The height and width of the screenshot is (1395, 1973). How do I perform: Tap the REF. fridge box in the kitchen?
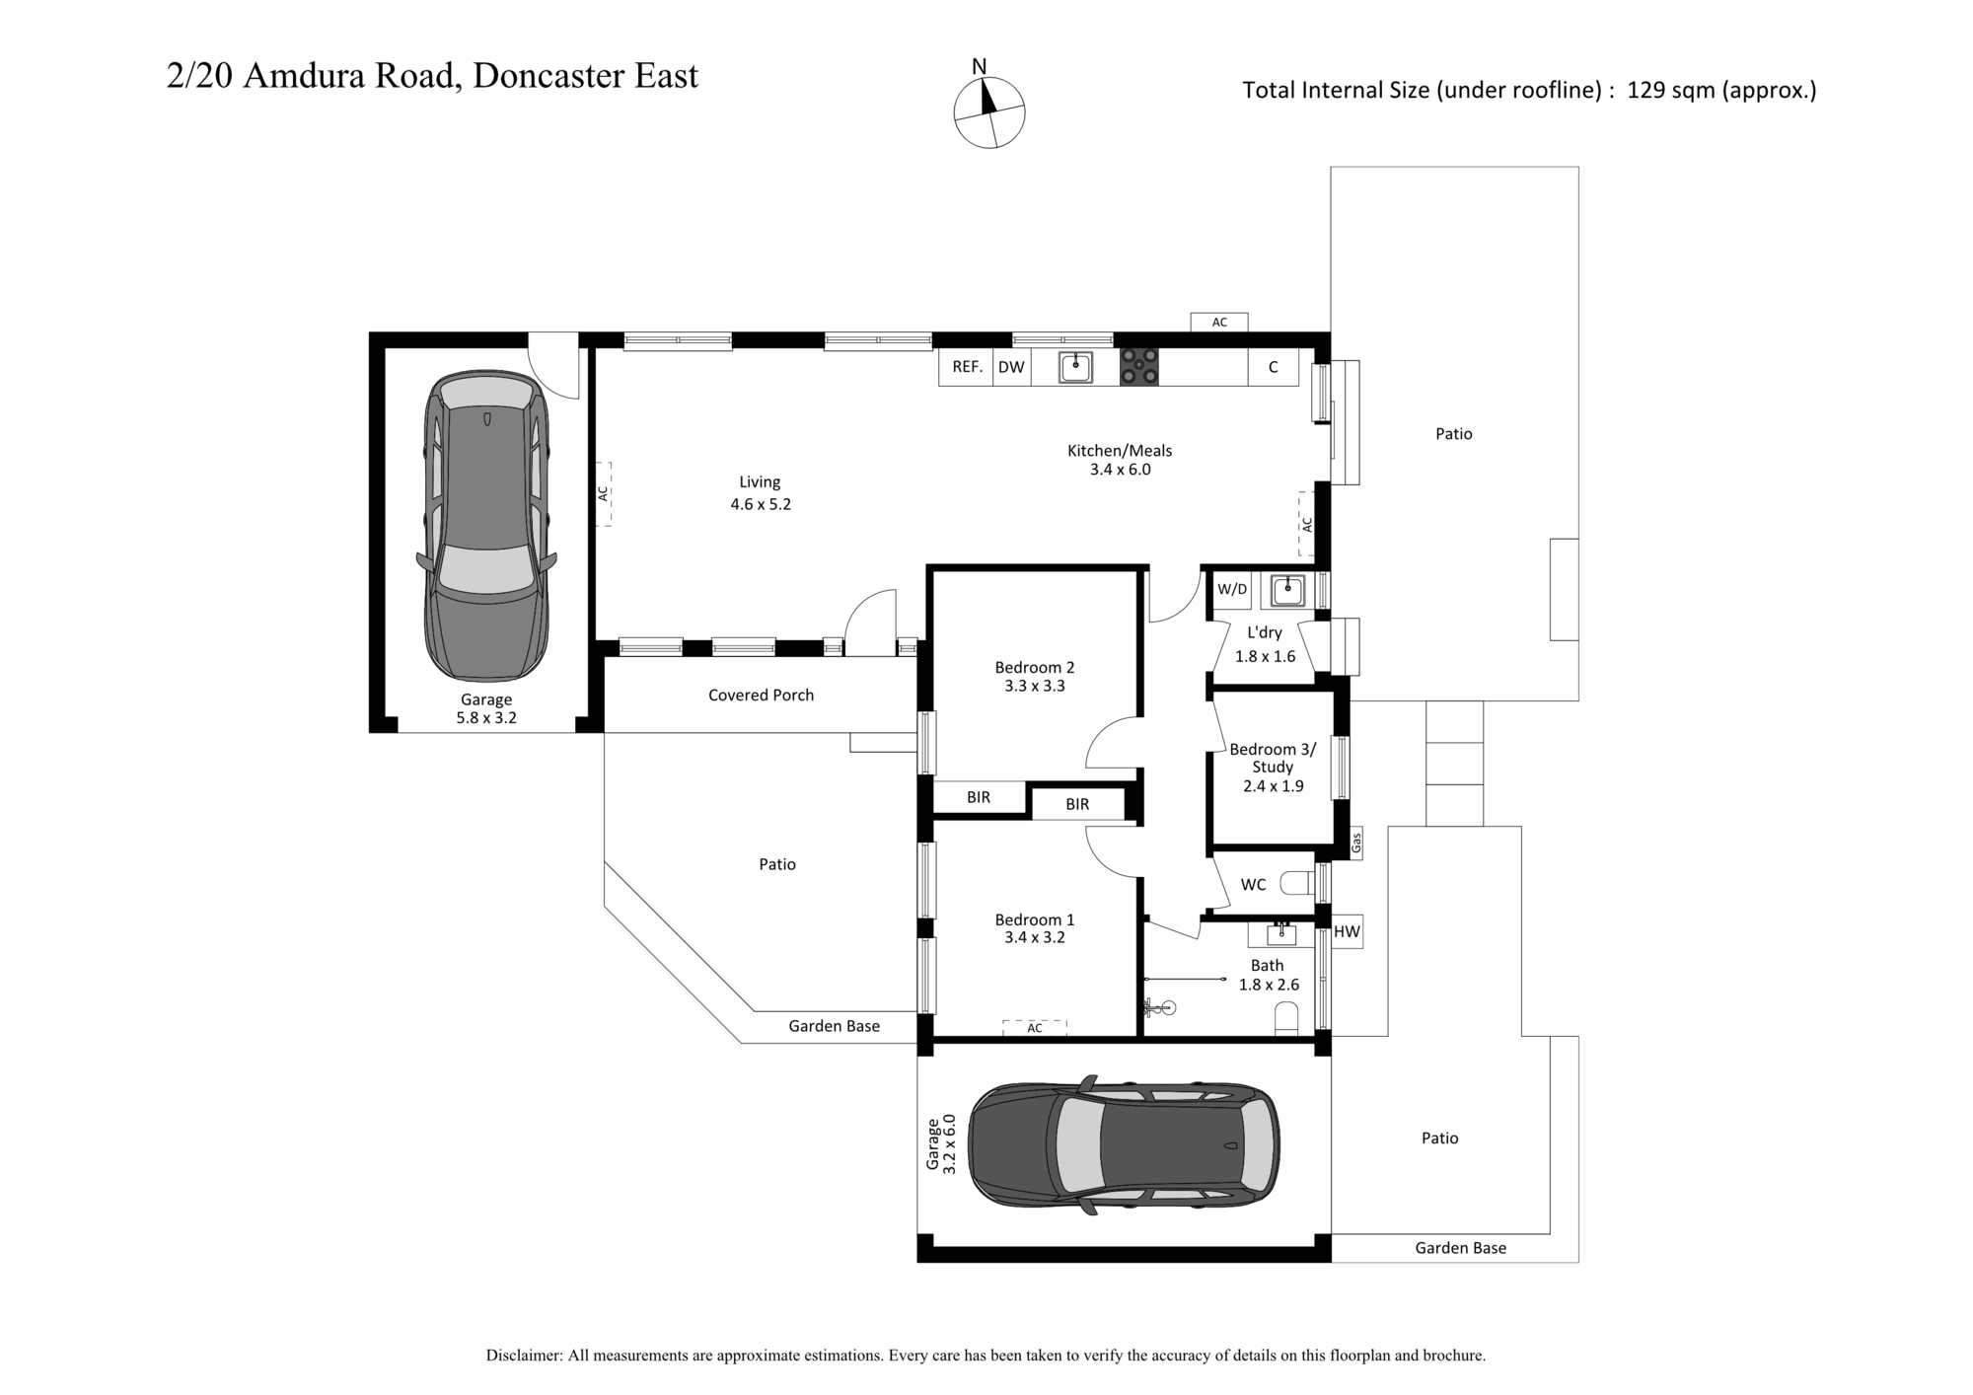(967, 367)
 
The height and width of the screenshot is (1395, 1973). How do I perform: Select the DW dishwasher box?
(1011, 367)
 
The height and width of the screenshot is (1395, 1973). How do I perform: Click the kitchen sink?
(1075, 367)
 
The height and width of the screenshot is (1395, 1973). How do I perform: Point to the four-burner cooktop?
(1138, 367)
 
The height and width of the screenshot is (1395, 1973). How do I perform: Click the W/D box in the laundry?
(1232, 590)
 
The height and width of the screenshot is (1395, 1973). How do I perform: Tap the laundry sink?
(1286, 591)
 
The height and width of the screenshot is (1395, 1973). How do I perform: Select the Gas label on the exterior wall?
(1356, 844)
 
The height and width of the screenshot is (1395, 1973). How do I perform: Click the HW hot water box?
(1347, 931)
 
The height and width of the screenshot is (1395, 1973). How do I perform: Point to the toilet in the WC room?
(1297, 883)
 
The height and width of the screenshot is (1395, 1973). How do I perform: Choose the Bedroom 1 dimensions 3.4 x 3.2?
(1035, 938)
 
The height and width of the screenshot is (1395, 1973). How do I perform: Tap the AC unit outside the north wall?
(1219, 323)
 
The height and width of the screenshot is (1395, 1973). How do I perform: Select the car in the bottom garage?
(1124, 1145)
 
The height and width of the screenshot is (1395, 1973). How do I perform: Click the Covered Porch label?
(761, 696)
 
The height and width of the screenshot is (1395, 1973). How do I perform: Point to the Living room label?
(760, 482)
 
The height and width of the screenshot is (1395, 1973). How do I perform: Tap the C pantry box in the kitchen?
(1273, 367)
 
